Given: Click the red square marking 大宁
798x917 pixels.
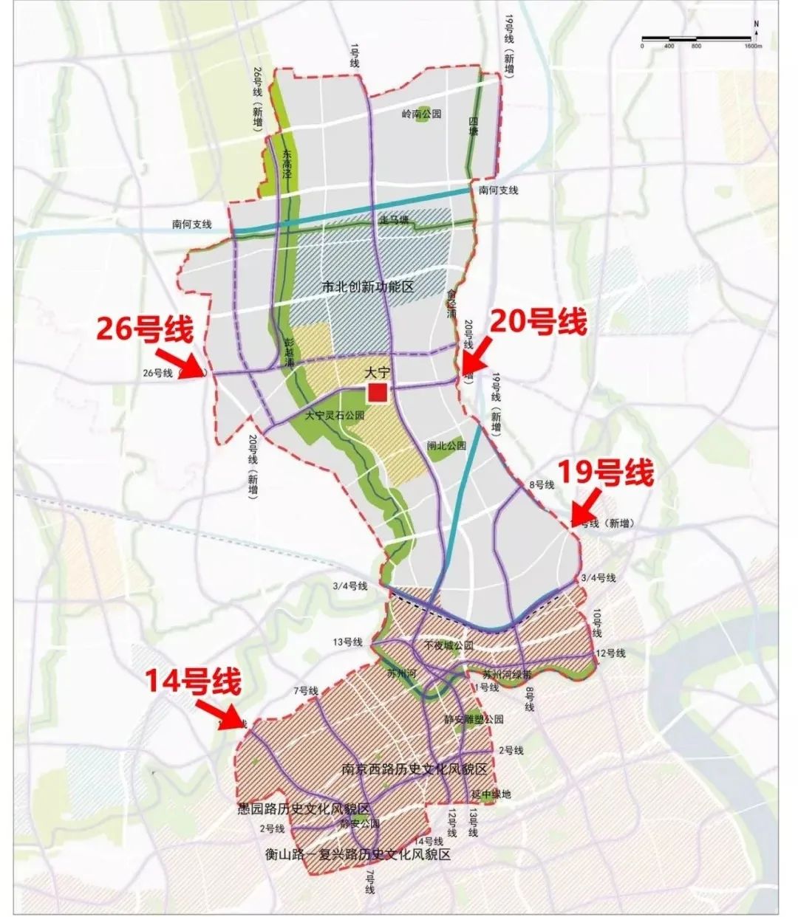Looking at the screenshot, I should pos(378,393).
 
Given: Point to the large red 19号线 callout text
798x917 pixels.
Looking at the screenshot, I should pos(605,474).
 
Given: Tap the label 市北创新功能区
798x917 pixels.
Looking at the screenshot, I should pos(367,286).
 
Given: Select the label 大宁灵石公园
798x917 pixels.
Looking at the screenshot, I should pos(335,416).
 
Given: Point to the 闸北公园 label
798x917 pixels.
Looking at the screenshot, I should pos(447,445).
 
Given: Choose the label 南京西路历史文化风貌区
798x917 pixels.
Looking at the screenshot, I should pos(414,769).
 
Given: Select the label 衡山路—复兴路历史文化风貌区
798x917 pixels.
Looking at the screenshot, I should pos(358,855).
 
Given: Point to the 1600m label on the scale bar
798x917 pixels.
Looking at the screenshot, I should pos(753,46).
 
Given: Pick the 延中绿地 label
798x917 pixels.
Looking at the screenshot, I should pos(491,794).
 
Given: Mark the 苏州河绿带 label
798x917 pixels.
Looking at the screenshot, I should pos(507,674).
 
